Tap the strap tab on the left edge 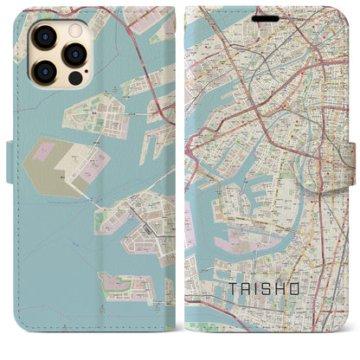tap(10, 157)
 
